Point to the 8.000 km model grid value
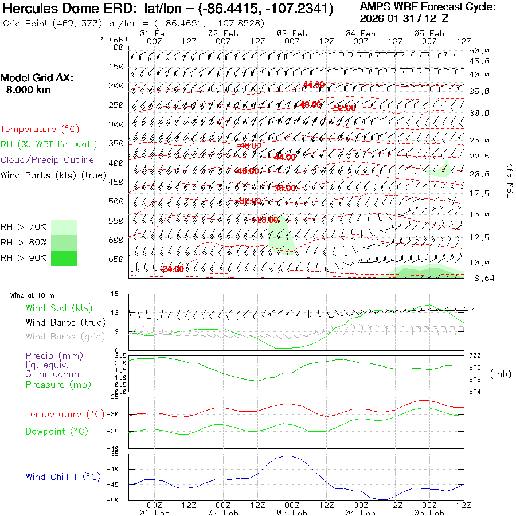point(28,90)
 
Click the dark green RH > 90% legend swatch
point(64,258)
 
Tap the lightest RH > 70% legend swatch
point(64,227)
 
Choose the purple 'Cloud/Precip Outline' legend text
point(48,160)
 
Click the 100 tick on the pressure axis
point(116,48)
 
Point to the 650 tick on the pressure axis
point(116,259)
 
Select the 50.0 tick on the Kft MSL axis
point(479,50)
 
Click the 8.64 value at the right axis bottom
point(479,278)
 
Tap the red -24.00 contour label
point(173,269)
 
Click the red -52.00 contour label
point(344,108)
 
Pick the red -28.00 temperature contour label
point(266,220)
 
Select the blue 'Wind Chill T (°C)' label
point(63,476)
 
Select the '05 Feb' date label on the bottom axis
point(429,512)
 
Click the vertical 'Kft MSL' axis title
point(509,179)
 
